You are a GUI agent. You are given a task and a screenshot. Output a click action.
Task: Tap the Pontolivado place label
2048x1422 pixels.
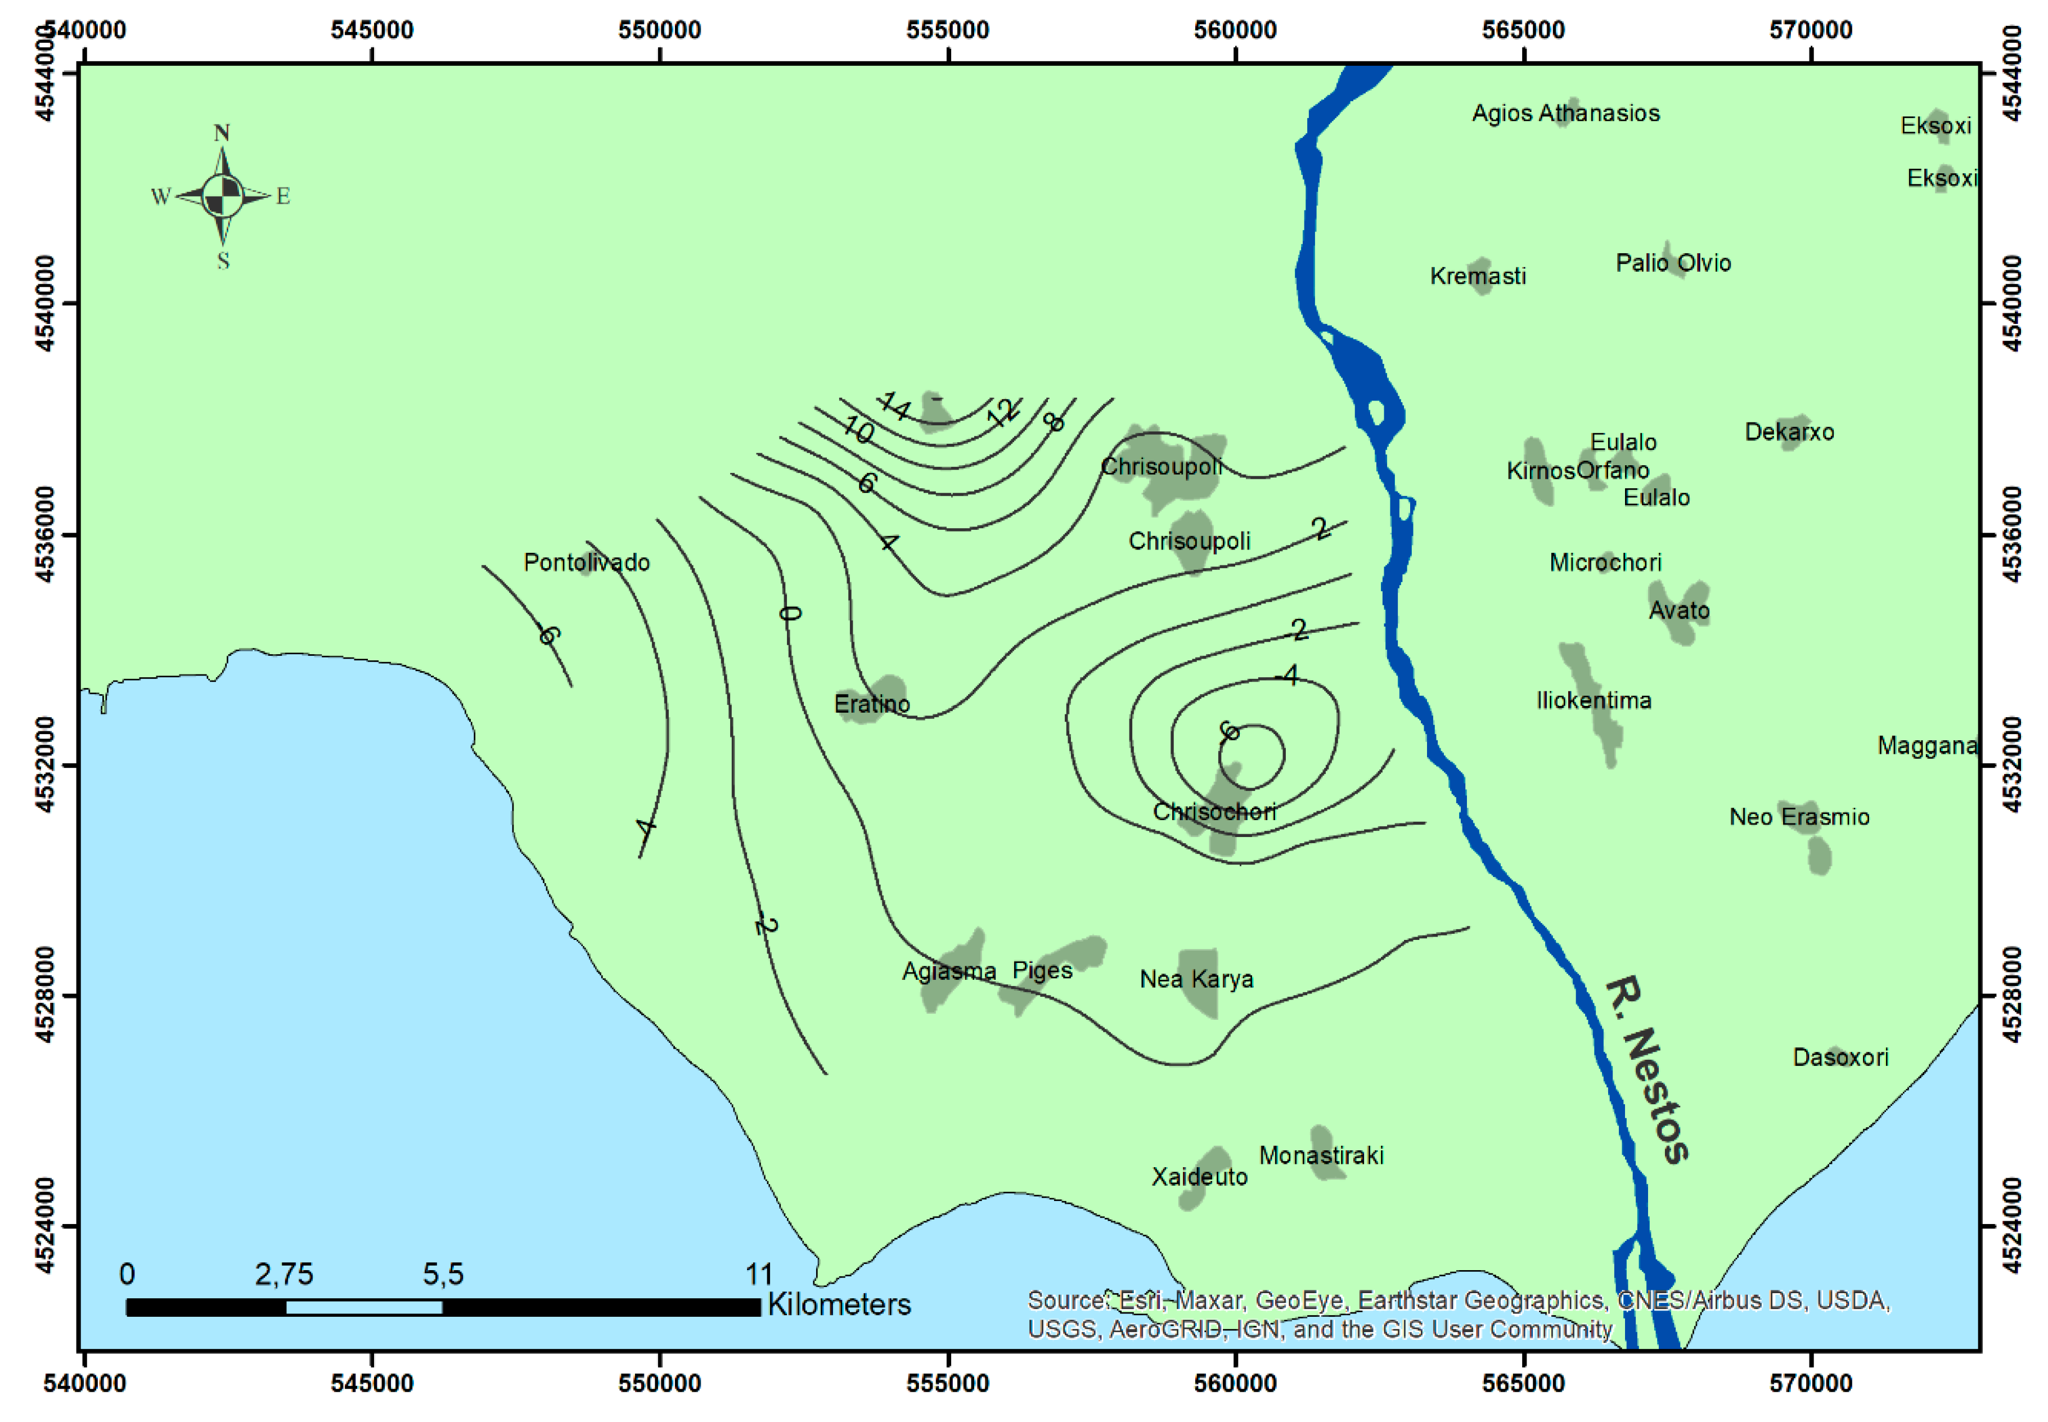(586, 562)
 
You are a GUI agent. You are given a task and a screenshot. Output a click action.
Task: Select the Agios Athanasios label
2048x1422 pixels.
(1565, 113)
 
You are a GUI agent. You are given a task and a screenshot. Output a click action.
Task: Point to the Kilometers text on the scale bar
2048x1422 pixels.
(838, 1304)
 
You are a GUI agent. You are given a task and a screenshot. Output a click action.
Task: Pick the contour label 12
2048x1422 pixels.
(1003, 412)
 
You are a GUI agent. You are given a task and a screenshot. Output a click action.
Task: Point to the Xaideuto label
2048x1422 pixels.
(1199, 1177)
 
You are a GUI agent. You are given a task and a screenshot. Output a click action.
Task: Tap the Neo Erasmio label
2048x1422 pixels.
(1799, 817)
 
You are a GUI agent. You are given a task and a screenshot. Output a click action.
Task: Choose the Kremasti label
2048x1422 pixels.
(1477, 276)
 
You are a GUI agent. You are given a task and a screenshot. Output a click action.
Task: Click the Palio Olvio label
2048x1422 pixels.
(1672, 263)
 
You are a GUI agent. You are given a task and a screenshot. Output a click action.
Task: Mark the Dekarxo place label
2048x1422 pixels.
(1788, 432)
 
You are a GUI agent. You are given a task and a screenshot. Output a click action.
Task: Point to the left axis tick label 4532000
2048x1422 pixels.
(46, 766)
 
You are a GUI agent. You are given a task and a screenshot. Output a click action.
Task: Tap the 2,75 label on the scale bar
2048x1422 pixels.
(283, 1274)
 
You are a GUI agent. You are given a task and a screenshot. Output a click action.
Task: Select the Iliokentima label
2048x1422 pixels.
(1593, 700)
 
